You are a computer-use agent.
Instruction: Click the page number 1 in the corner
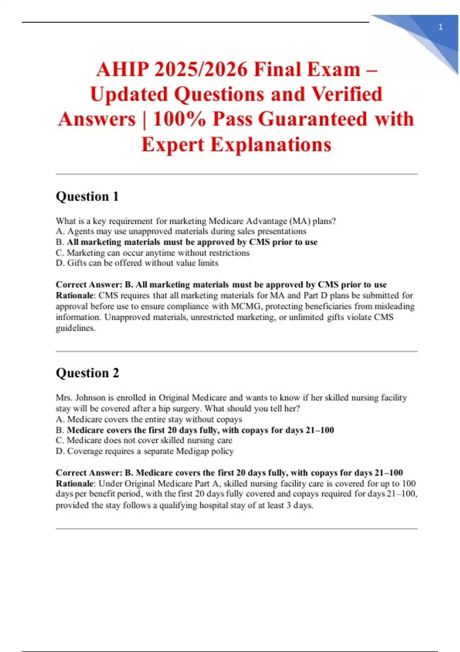click(440, 27)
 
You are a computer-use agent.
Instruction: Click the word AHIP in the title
click(122, 70)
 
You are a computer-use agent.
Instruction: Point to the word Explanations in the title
click(236, 145)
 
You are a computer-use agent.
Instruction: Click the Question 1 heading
click(87, 196)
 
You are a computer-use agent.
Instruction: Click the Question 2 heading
click(87, 373)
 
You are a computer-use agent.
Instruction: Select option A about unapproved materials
click(181, 231)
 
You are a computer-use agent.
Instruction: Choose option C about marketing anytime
click(153, 253)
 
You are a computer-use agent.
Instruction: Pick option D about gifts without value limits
click(137, 263)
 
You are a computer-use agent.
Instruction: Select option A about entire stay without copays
click(149, 419)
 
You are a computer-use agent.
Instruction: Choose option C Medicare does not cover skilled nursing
click(144, 440)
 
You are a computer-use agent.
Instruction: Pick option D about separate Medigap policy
click(145, 451)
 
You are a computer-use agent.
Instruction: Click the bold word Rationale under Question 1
click(75, 295)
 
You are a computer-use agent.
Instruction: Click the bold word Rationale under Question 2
click(75, 483)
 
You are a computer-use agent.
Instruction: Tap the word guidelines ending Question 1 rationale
click(75, 328)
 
